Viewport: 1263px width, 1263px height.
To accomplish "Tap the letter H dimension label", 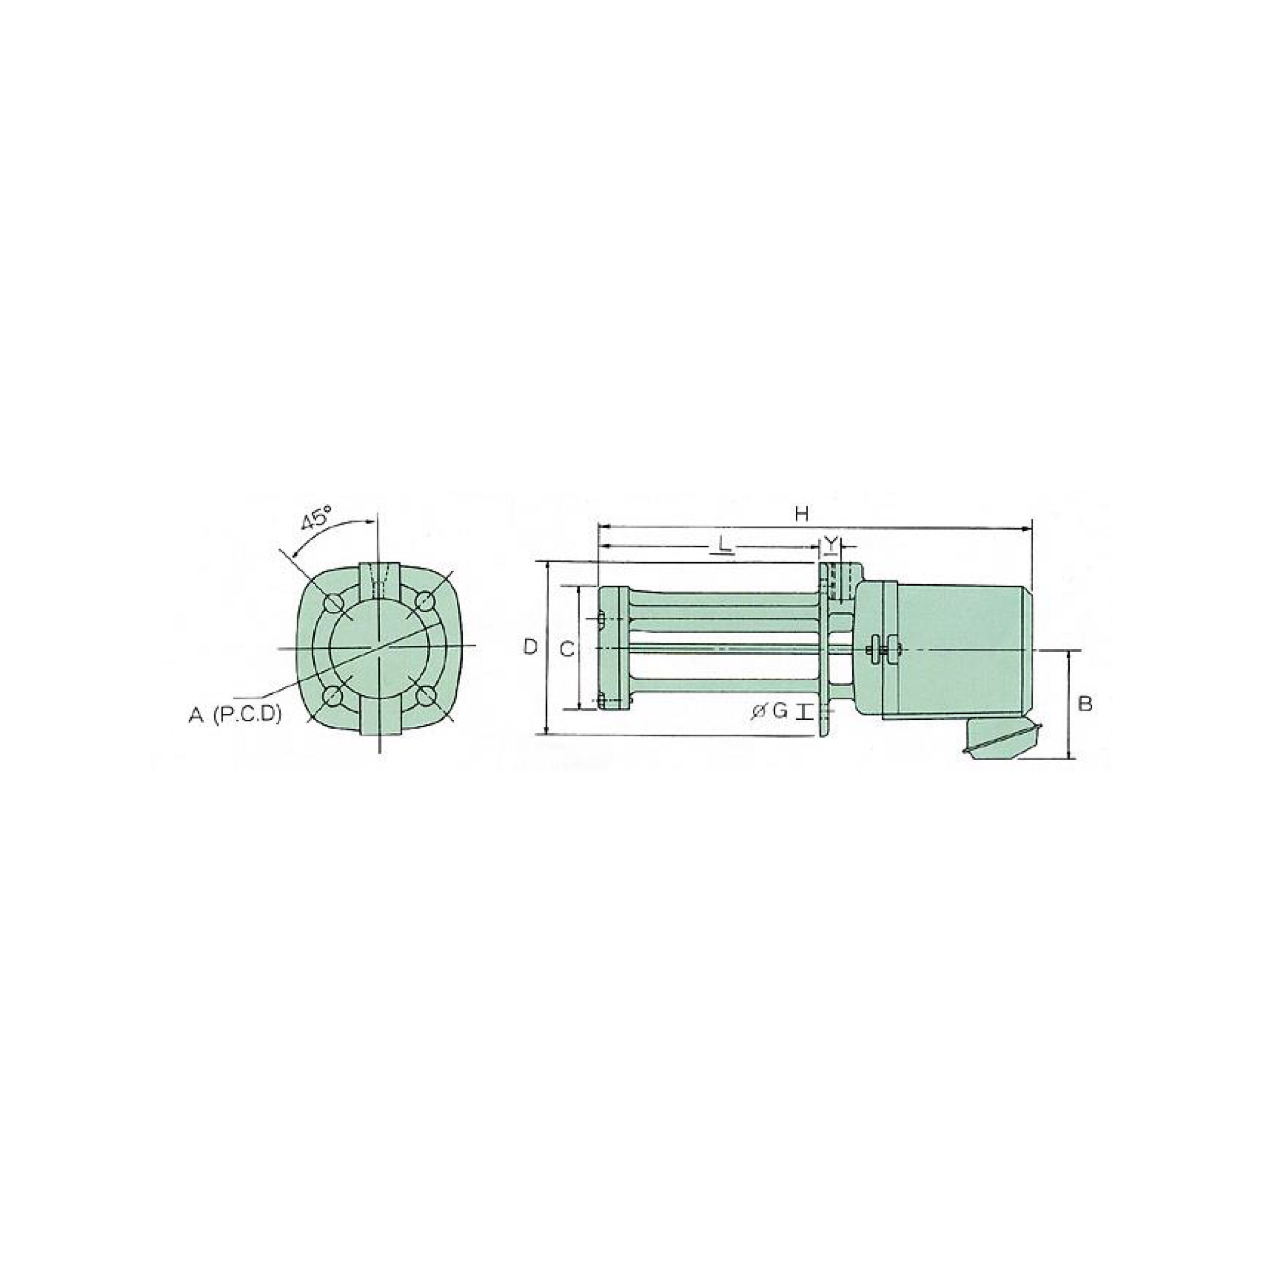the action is pyautogui.click(x=802, y=515).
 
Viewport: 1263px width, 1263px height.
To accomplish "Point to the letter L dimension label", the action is pyautogui.click(x=724, y=543).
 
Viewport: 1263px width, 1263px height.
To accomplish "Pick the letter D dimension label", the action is pyautogui.click(x=531, y=647).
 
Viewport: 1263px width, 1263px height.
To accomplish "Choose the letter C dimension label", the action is pyautogui.click(x=568, y=649).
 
